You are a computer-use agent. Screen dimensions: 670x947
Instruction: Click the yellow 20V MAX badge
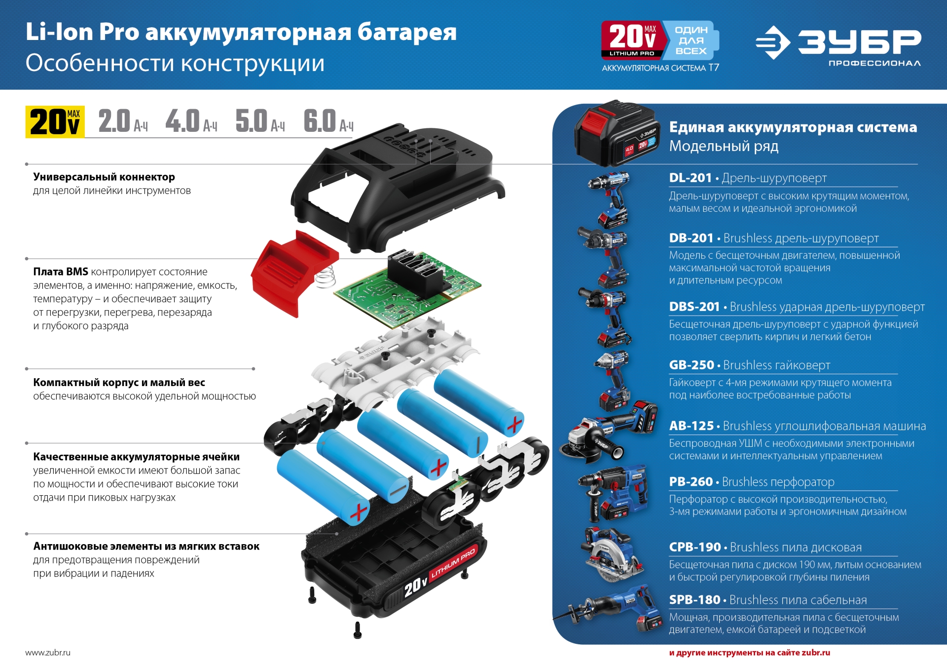55,121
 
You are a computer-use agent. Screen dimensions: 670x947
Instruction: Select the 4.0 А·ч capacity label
191,121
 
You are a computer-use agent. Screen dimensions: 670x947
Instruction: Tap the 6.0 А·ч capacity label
328,121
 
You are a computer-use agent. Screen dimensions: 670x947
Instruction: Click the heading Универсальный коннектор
104,177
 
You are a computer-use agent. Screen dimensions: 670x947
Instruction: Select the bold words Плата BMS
61,272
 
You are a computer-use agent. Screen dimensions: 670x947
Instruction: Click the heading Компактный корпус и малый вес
119,382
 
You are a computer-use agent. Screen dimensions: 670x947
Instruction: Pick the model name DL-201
690,178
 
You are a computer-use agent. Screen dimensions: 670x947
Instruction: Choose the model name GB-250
691,365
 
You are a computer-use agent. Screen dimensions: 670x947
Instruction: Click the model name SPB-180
694,599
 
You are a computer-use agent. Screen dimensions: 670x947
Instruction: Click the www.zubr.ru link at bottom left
48,652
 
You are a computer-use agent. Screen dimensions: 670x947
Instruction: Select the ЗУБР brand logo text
859,41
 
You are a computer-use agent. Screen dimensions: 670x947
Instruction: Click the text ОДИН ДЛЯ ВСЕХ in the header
691,40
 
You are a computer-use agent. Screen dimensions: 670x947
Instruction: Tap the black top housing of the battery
395,183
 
